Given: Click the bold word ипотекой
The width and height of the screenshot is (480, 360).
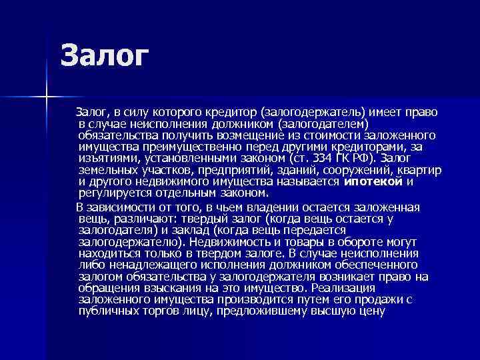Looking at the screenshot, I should pos(374,182).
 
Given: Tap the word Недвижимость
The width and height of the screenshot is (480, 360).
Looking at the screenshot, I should pos(227,242).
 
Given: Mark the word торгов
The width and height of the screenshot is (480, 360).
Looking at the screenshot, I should pos(161,311).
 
